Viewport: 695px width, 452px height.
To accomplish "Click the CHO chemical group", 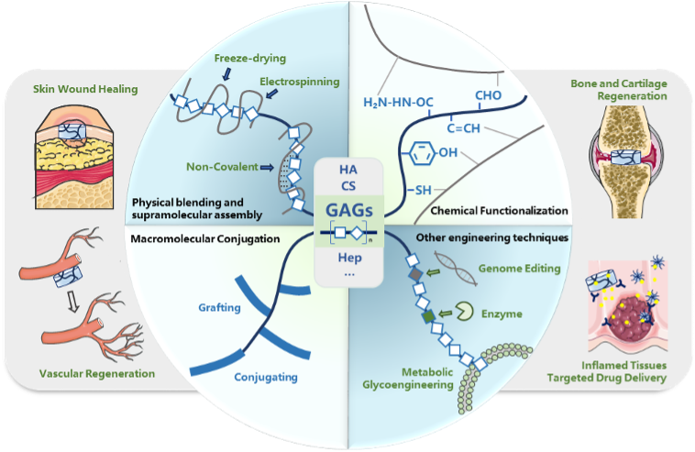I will click(x=491, y=94).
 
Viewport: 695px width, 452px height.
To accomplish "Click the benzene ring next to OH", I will click(x=421, y=149).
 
